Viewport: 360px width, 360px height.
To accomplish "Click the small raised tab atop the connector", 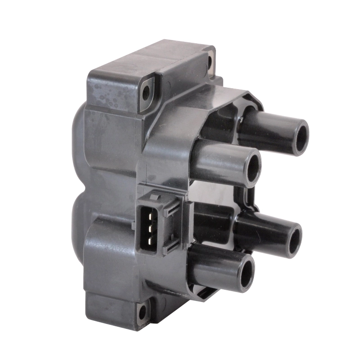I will pyautogui.click(x=155, y=196).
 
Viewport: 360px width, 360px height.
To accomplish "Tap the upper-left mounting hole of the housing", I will pyautogui.click(x=145, y=92).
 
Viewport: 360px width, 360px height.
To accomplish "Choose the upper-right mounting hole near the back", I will pyautogui.click(x=210, y=63).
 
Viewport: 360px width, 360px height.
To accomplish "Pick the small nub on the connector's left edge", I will pyautogui.click(x=135, y=223).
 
